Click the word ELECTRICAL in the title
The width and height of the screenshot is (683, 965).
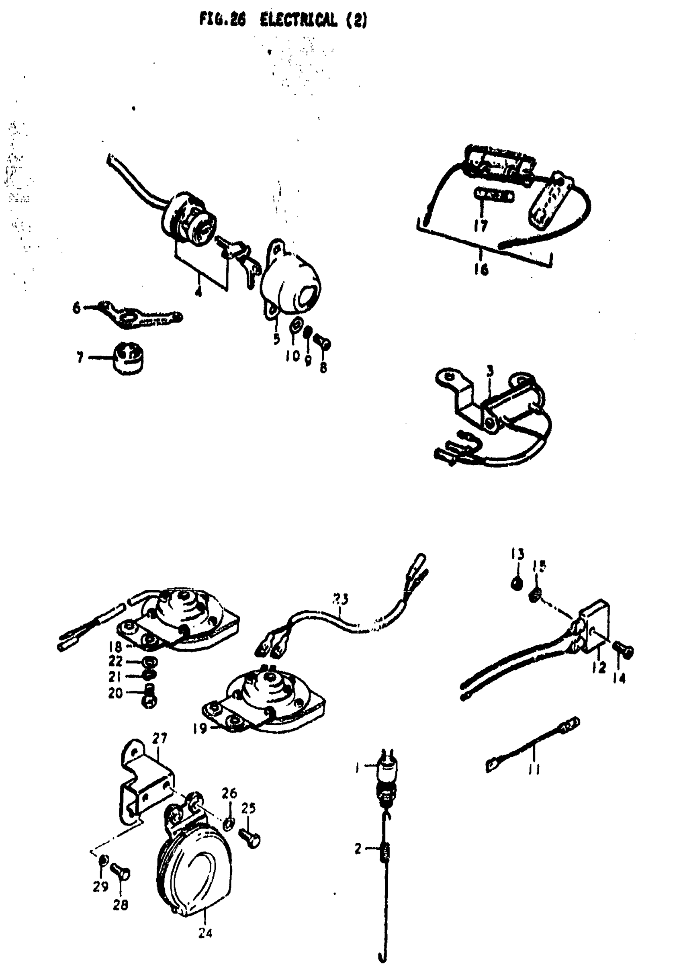298,20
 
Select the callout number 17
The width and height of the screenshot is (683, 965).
481,226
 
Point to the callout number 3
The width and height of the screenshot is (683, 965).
490,372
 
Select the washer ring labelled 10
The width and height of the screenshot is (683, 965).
296,326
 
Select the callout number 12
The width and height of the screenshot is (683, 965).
599,667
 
